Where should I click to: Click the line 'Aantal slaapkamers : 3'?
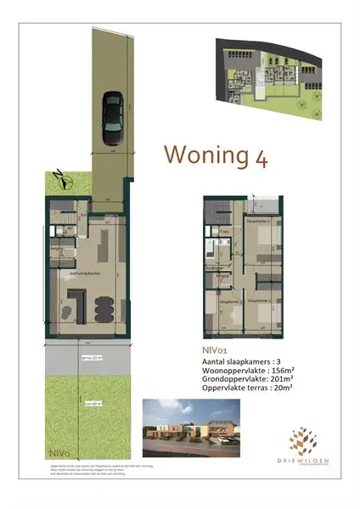[245, 360]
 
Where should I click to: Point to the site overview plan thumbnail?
[272, 74]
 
